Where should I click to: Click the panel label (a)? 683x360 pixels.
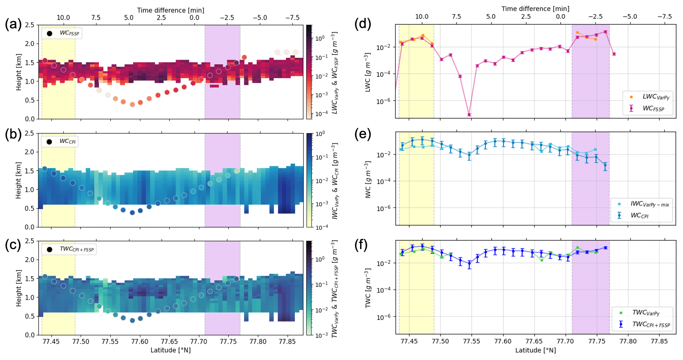[13, 25]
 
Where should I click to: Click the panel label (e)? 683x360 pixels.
[363, 134]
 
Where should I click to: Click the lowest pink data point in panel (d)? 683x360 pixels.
[469, 115]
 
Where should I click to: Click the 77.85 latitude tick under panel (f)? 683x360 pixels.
[659, 341]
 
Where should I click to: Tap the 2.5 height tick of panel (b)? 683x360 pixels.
[29, 133]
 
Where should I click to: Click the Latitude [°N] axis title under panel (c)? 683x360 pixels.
[171, 350]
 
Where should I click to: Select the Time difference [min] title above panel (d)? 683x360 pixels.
[535, 9]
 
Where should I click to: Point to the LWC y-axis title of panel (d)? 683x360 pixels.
[368, 72]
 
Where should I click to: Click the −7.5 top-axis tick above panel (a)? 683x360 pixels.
[292, 17]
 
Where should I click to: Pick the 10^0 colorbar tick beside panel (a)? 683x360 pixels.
[320, 39]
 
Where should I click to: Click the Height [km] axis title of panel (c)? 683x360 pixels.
[19, 288]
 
